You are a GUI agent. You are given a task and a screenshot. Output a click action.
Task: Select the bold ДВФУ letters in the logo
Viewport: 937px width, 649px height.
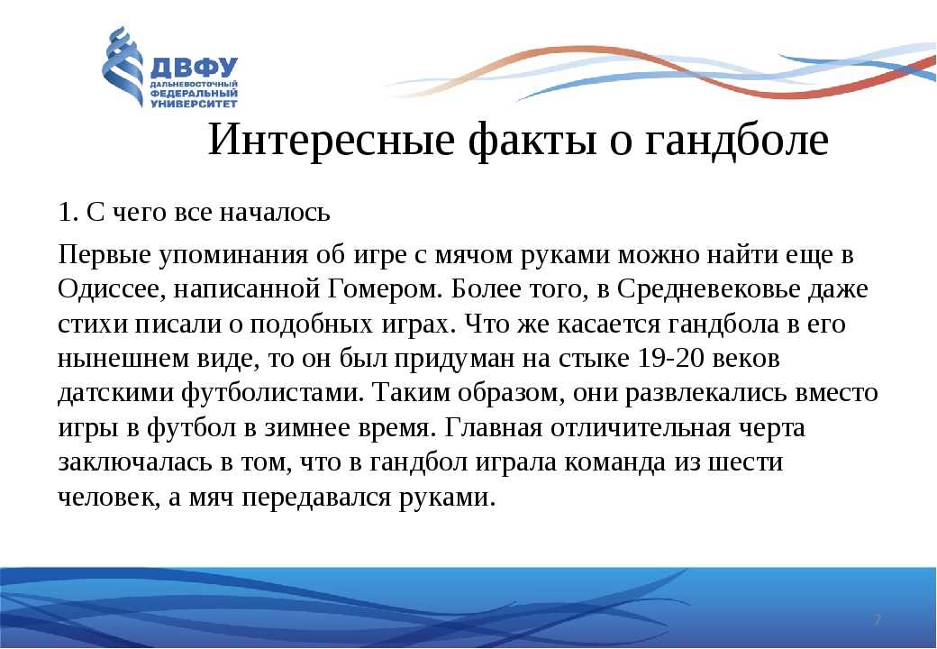click(194, 68)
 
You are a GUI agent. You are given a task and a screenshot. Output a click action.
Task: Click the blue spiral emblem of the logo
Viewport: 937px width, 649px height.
click(123, 67)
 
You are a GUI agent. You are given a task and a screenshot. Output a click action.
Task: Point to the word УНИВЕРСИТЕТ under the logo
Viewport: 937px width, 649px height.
click(194, 104)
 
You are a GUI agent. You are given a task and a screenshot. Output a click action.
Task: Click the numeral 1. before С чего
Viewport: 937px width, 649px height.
click(68, 212)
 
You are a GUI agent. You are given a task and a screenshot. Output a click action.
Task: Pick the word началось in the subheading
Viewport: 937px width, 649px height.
click(274, 212)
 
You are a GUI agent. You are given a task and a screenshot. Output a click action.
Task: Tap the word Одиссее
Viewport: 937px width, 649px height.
click(111, 289)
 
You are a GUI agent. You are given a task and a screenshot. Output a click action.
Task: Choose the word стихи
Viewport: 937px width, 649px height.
click(93, 324)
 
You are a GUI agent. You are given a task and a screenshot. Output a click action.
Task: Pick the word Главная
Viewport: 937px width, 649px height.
click(494, 428)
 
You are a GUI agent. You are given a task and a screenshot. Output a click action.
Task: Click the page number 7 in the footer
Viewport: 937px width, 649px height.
click(877, 620)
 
